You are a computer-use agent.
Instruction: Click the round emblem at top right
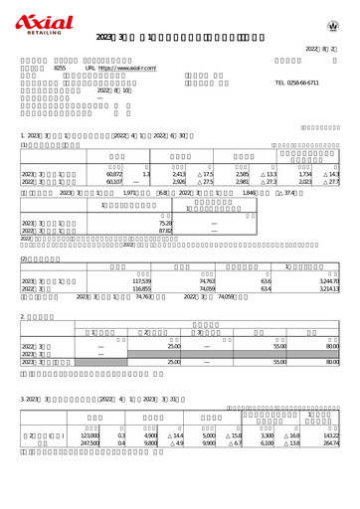coord(332,24)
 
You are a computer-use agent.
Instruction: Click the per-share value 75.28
coord(166,225)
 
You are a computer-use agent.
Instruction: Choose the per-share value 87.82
coord(166,232)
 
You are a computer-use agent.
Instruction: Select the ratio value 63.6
coord(266,281)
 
